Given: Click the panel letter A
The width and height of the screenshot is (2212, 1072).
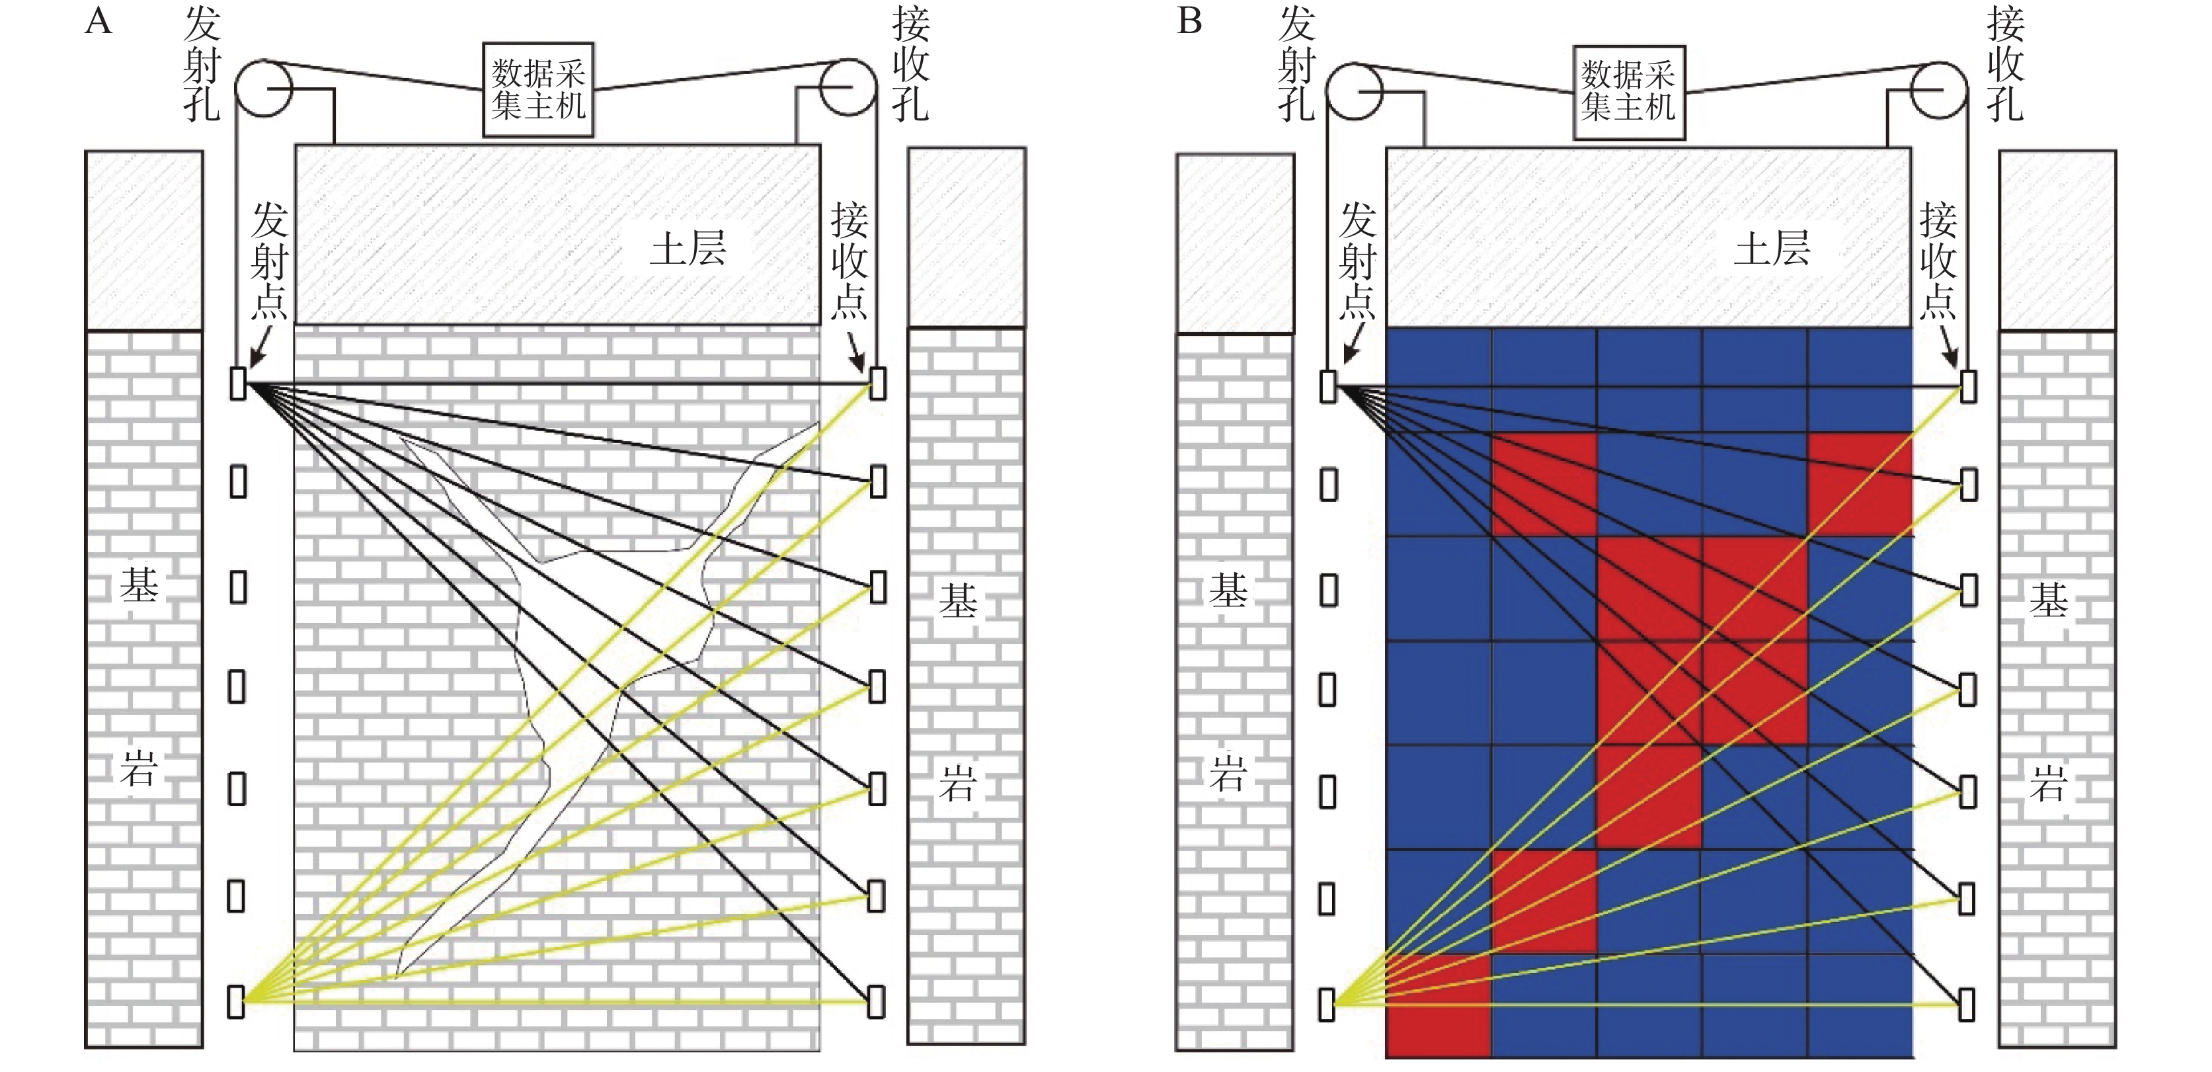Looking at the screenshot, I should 99,21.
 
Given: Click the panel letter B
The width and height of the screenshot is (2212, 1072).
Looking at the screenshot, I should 1189,21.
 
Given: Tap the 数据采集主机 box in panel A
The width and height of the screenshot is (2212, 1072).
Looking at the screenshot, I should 538,89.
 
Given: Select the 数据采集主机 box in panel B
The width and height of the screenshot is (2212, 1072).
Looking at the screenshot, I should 1629,92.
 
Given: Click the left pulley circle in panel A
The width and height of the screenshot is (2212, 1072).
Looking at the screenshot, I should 264,87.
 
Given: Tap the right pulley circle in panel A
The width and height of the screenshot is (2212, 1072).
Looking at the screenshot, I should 848,87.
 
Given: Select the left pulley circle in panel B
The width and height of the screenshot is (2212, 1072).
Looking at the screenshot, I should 1354,90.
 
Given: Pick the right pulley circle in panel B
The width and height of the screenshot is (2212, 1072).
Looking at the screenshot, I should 1939,90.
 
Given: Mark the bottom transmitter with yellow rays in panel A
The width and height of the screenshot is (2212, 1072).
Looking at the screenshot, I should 236,1001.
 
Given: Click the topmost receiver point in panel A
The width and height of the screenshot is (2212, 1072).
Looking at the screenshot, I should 877,383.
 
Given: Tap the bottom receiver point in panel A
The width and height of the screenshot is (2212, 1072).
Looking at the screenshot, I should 876,1001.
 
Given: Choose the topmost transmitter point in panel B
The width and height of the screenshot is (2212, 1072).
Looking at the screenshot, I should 1328,386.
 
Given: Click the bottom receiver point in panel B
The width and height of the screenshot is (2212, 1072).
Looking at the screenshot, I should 1967,1004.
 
